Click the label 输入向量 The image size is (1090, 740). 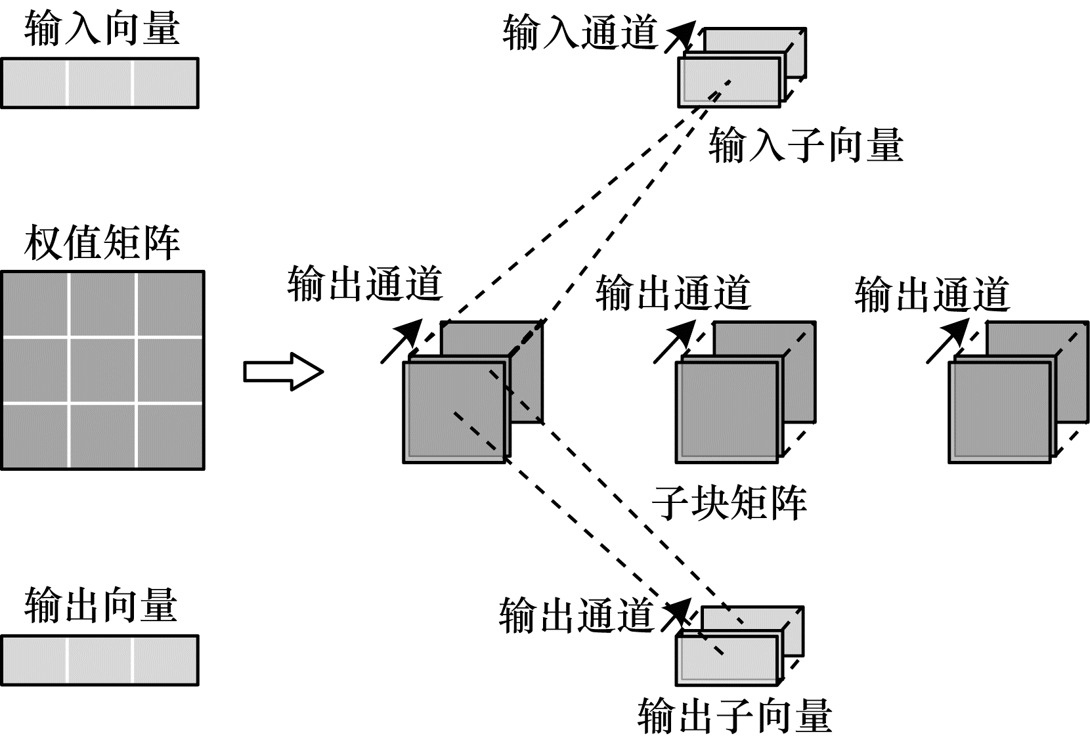[102, 29]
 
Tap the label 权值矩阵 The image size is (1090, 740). [102, 243]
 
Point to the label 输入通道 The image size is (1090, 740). [580, 33]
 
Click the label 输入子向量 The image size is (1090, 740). [806, 145]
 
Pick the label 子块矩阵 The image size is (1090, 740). [729, 503]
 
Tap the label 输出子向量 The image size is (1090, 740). [735, 715]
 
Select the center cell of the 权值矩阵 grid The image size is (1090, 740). [102, 369]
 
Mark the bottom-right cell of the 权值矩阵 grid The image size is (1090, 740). [170, 435]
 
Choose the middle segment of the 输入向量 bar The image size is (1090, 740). [100, 83]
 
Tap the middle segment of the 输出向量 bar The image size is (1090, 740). [100, 660]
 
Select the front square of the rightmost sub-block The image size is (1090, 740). [999, 412]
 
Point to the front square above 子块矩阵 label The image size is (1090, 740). [727, 412]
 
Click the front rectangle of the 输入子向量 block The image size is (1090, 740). [730, 81]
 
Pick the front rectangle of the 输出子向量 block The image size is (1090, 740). [727, 661]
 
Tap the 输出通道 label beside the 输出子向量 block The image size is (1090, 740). [576, 615]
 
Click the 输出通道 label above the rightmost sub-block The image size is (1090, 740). [932, 294]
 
